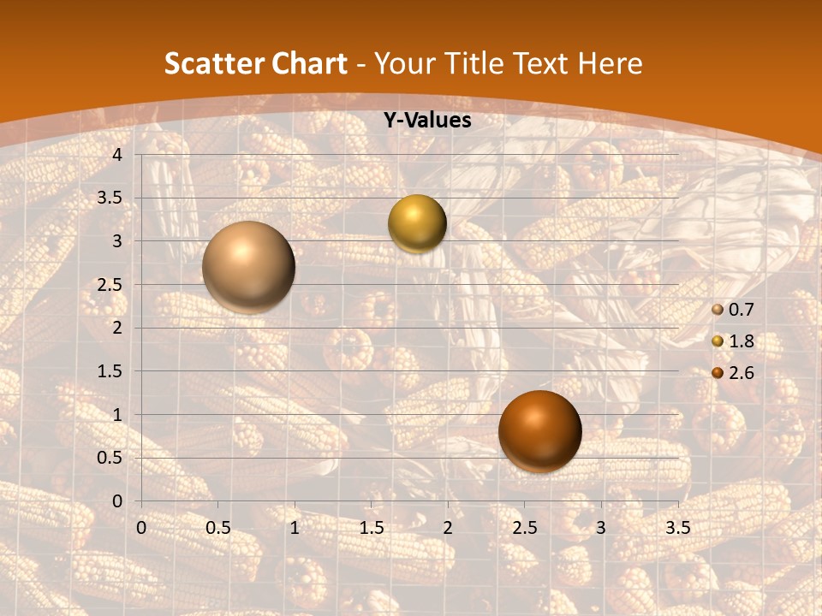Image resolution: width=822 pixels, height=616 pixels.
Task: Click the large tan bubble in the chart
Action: coord(249,267)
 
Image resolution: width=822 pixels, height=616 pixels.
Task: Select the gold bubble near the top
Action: coord(417,223)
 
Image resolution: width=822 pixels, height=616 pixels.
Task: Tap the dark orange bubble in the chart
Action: coord(540,431)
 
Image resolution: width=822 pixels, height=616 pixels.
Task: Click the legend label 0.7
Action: coord(741,310)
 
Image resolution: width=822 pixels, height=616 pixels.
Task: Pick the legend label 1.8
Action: coord(741,341)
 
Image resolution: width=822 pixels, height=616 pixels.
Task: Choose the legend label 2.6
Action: coord(741,373)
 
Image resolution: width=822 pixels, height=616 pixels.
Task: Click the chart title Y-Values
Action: coord(427,121)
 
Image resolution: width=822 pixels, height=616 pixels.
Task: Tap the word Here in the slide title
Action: coord(610,63)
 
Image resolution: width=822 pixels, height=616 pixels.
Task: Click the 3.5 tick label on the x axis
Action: coord(678,527)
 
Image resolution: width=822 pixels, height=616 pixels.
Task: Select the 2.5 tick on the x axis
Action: coord(525,527)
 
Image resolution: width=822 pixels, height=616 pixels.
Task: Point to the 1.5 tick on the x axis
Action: coord(372,527)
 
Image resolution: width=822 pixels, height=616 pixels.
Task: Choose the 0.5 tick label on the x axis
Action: coord(218,527)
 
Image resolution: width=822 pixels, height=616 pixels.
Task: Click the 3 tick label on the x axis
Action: coord(601,527)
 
